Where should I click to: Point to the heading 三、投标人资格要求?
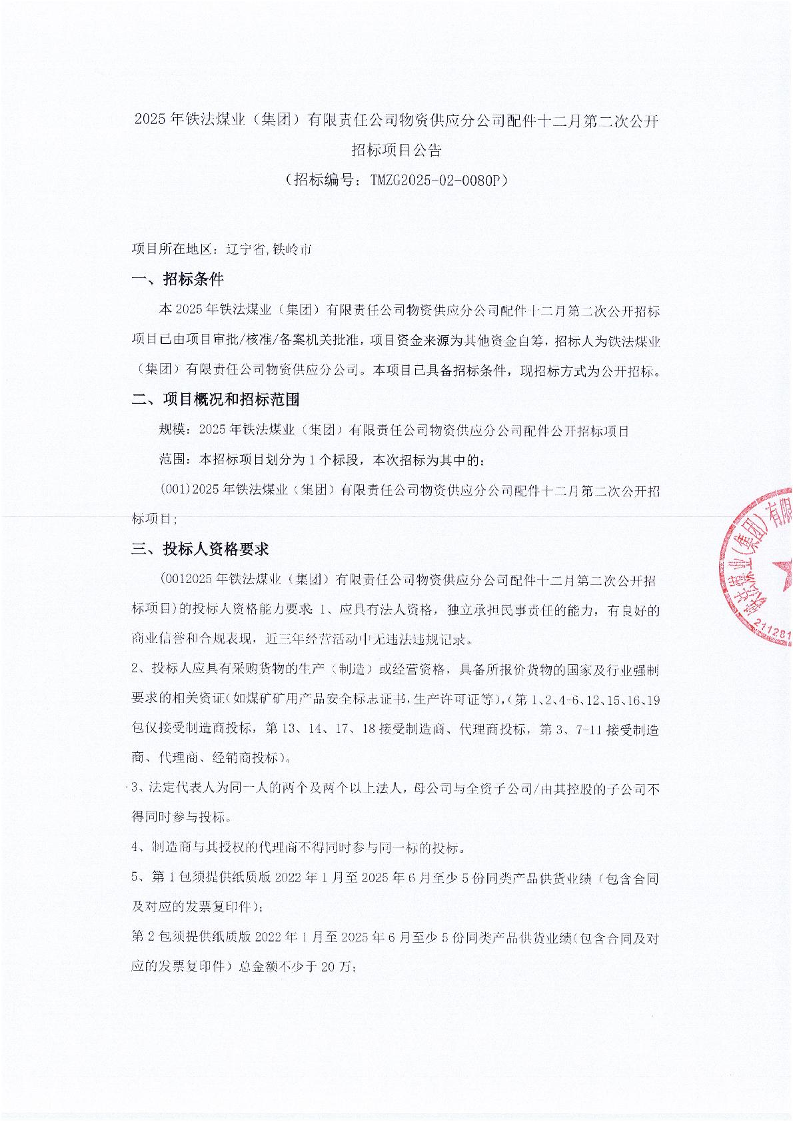(200, 550)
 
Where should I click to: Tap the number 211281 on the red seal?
(773, 632)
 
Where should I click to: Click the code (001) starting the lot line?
(175, 491)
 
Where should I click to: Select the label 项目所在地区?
(171, 250)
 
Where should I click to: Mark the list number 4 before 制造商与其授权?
(136, 848)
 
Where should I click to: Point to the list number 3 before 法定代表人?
(136, 789)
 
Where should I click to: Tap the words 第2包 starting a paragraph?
(147, 938)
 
